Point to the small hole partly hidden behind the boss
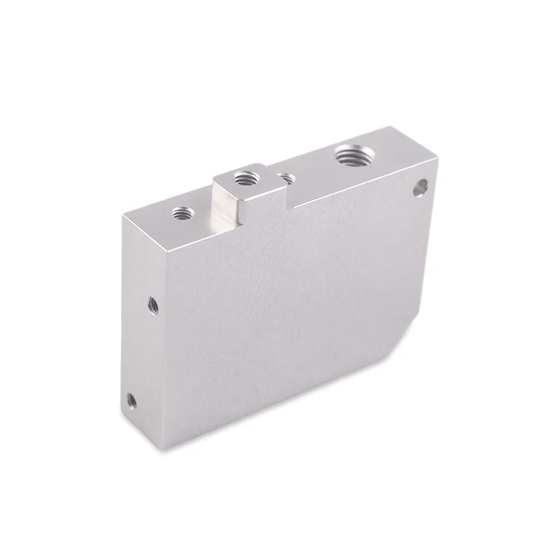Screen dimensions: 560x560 tap(284, 178)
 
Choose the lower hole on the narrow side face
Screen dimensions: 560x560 tap(131, 401)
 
